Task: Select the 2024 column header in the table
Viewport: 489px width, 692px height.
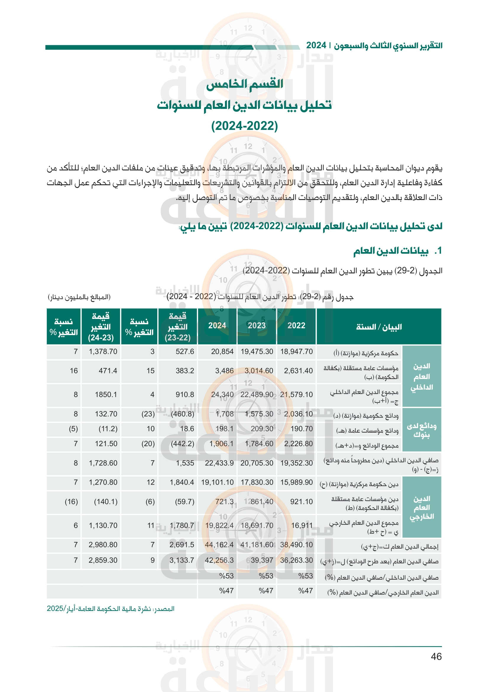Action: [x=217, y=326]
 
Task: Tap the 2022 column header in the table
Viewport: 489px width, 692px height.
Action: [x=296, y=326]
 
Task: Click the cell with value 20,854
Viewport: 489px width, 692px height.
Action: [x=222, y=352]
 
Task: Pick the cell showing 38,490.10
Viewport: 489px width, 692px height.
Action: [x=296, y=545]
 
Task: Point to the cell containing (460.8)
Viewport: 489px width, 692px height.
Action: [x=182, y=414]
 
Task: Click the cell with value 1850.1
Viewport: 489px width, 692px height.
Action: [x=106, y=395]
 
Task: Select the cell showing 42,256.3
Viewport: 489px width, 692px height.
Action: [x=219, y=560]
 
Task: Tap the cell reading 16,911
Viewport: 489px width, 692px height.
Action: [x=302, y=526]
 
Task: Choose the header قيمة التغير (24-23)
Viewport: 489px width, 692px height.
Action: [x=101, y=327]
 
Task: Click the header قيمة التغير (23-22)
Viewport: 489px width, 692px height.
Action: [x=178, y=327]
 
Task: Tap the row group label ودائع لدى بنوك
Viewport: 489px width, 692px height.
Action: [x=422, y=430]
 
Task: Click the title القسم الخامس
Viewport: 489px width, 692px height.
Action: [x=244, y=84]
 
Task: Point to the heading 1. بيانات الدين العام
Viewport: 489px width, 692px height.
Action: [x=397, y=251]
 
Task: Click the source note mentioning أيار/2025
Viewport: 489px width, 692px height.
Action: [x=111, y=609]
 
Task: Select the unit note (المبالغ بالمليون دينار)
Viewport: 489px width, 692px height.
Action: [x=79, y=297]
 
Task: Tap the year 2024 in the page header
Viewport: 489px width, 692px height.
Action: [x=316, y=46]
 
